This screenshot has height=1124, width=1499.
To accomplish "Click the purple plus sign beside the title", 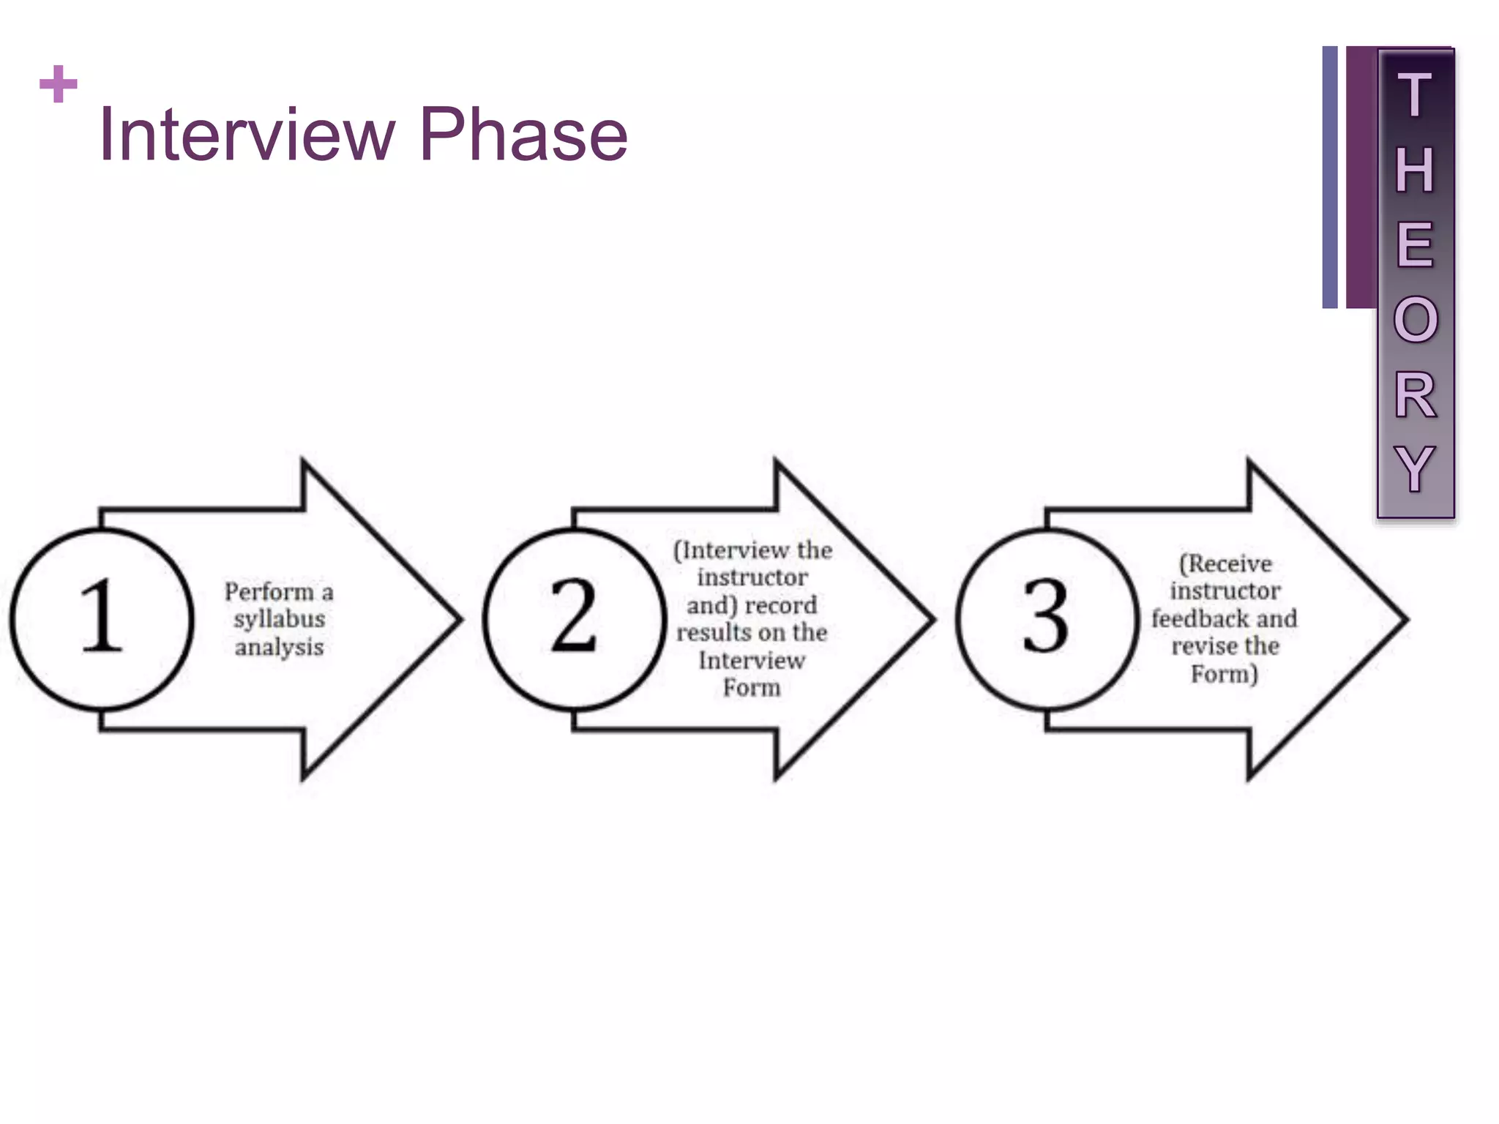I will pyautogui.click(x=59, y=84).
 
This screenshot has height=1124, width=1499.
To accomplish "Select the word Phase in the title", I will pyautogui.click(x=523, y=135).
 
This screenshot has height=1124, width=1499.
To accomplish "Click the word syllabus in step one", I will pyautogui.click(x=280, y=620).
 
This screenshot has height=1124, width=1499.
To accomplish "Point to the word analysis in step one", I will pyautogui.click(x=280, y=648).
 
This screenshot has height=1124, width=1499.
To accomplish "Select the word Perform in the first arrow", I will pyautogui.click(x=269, y=592).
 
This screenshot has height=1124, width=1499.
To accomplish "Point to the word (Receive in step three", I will pyautogui.click(x=1225, y=564).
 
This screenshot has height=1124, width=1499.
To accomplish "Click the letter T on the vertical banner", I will pyautogui.click(x=1414, y=95).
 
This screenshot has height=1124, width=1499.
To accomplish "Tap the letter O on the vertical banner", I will pyautogui.click(x=1416, y=320).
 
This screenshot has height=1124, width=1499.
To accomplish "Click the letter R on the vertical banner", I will pyautogui.click(x=1415, y=395).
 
